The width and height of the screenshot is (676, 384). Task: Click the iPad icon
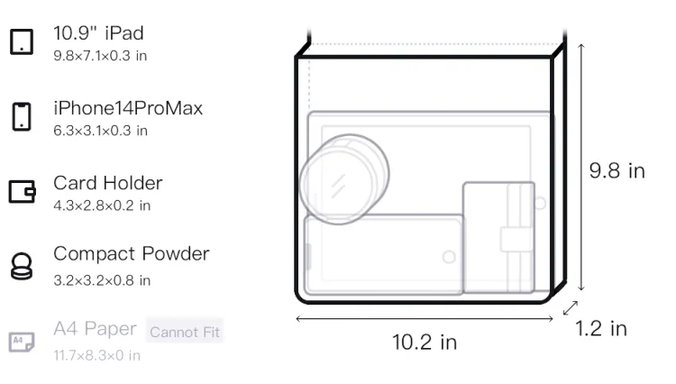click(x=22, y=41)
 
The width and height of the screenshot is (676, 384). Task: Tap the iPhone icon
click(x=22, y=116)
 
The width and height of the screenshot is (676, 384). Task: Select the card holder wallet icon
click(x=22, y=191)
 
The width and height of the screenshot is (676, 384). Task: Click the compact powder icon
click(x=22, y=266)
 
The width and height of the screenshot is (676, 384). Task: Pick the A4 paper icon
click(x=22, y=342)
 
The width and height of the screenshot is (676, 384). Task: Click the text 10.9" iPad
click(x=98, y=33)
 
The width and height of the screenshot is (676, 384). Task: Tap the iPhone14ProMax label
click(x=128, y=108)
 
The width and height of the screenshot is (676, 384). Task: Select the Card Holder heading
click(x=108, y=183)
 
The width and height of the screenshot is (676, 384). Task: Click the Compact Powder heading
click(x=131, y=254)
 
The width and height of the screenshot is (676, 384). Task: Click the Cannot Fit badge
click(x=185, y=332)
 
